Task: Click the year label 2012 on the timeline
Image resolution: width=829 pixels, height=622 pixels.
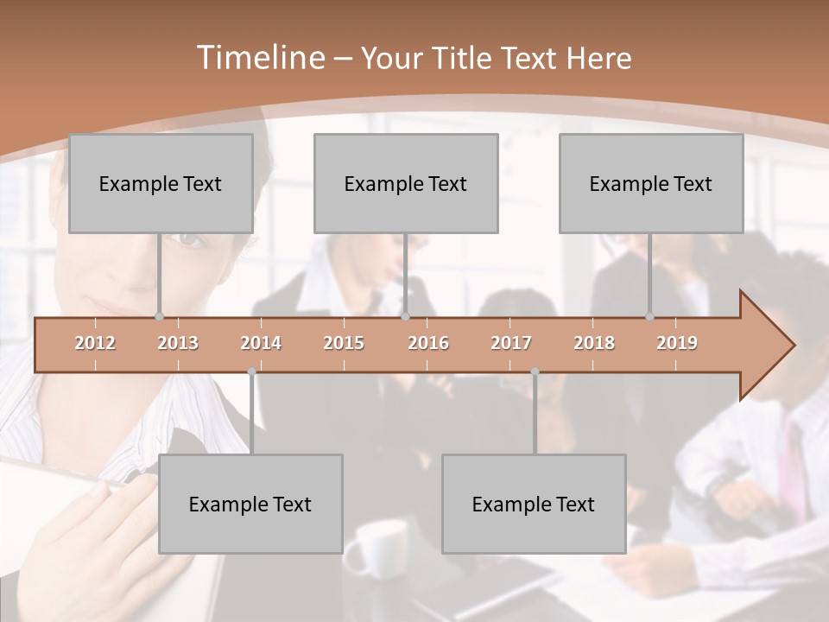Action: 95,343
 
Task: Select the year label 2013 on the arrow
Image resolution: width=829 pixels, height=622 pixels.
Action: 178,343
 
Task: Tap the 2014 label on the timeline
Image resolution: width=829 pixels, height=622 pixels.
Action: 261,343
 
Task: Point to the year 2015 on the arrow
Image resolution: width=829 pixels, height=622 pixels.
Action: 344,343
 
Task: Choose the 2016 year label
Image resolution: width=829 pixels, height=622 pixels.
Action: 428,343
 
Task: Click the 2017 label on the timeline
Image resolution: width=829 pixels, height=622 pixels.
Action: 511,343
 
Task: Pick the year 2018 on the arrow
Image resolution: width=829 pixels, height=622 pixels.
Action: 594,343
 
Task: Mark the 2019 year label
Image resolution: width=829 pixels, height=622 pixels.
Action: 677,343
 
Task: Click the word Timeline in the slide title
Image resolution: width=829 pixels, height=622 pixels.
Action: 260,58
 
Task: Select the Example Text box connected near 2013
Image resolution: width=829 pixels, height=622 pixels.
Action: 161,183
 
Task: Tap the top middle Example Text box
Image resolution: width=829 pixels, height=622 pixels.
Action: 406,183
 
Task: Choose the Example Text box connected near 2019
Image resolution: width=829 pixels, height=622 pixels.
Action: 651,183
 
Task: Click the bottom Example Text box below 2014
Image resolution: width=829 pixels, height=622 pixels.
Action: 250,504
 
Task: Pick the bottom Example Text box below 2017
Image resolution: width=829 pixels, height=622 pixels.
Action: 534,504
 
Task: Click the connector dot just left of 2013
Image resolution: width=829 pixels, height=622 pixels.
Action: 159,317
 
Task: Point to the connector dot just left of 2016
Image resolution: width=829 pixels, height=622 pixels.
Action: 406,317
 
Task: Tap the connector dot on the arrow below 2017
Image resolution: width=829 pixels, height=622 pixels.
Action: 535,371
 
